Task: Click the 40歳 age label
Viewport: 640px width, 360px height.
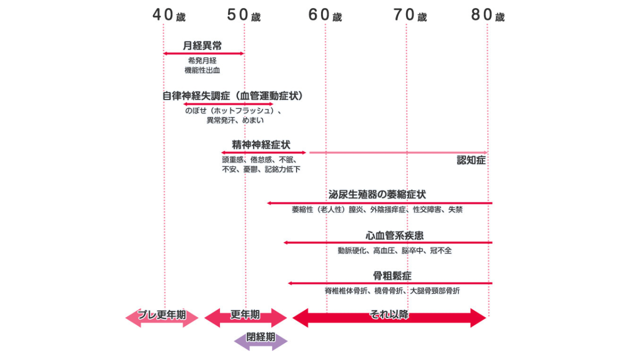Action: [169, 15]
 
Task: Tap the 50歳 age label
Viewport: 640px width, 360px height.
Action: [244, 15]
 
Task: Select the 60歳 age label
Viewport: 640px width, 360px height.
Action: [325, 15]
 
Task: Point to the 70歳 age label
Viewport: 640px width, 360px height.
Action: [410, 15]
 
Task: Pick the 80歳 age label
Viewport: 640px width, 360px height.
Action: [488, 15]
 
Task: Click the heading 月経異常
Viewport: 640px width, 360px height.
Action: [202, 45]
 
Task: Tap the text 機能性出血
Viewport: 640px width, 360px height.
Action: [202, 70]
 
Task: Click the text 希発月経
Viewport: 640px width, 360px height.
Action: [202, 60]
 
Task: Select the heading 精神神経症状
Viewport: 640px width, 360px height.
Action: [260, 144]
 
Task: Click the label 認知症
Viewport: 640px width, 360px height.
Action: [471, 160]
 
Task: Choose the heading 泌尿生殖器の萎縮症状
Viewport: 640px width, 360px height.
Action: [377, 194]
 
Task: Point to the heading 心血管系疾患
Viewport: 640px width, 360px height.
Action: [394, 235]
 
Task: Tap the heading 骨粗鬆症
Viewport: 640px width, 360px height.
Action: [392, 275]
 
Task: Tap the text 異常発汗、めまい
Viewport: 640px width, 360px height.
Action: [235, 120]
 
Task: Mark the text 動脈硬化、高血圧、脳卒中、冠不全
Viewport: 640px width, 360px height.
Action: [394, 250]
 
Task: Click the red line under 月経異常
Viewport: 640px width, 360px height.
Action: [203, 53]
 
